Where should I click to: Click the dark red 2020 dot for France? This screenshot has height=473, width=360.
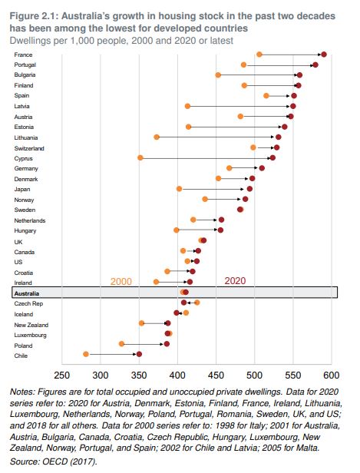(x=324, y=55)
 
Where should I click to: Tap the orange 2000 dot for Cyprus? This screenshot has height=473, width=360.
(x=140, y=157)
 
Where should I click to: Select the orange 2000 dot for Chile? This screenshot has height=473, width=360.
(x=86, y=354)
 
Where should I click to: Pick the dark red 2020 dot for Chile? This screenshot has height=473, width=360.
(x=139, y=354)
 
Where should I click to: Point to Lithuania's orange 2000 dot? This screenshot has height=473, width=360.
(x=157, y=137)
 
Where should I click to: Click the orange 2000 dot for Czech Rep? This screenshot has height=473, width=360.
(x=197, y=303)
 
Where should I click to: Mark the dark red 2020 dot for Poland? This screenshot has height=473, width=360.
(x=167, y=344)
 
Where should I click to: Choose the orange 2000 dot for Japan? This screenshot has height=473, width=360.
(x=179, y=189)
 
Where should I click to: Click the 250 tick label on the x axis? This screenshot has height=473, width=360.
(x=62, y=375)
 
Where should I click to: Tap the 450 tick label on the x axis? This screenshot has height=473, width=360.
(x=216, y=375)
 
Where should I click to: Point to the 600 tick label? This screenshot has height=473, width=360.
(x=332, y=375)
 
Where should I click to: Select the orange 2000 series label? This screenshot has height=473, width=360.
(x=121, y=282)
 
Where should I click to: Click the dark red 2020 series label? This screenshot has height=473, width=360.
(x=235, y=281)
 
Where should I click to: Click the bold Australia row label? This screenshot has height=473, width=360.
(x=27, y=293)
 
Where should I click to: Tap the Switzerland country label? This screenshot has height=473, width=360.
(x=29, y=148)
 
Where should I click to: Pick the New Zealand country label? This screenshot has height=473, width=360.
(x=31, y=325)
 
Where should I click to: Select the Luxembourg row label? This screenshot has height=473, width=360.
(x=31, y=335)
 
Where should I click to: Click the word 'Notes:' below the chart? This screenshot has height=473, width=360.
(x=22, y=392)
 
